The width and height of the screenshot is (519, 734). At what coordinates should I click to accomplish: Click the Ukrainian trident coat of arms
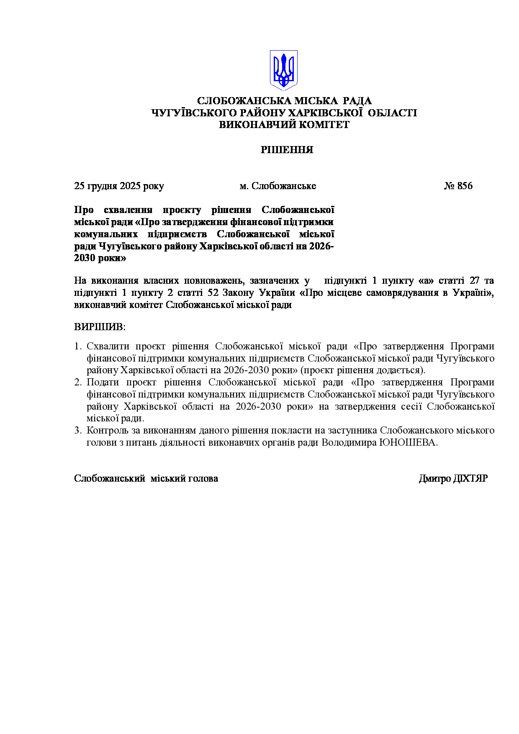coord(283,70)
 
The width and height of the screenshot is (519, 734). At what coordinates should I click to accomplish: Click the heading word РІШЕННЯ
coord(287,150)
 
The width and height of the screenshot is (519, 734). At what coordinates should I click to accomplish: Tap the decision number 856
coord(465,186)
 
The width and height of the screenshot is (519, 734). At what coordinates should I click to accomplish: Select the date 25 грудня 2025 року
coord(119,186)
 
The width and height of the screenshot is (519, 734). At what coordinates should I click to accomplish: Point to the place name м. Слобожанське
coord(277,186)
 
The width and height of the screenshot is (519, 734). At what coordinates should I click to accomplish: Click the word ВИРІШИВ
coord(100,327)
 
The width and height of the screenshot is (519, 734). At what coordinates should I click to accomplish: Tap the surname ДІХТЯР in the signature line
coord(470,478)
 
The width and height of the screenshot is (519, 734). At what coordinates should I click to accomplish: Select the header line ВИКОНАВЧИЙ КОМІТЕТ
coord(284,125)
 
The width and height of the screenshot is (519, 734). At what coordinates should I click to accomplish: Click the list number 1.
coord(77,346)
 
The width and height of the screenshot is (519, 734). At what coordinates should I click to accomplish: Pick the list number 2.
coord(77,382)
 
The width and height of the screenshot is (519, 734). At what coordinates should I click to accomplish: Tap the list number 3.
coord(77,431)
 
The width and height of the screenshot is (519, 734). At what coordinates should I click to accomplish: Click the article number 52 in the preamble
coord(213,293)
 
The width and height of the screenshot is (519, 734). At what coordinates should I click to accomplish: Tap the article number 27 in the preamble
coord(474,281)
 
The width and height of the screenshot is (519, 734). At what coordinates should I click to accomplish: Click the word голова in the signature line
coord(204,478)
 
